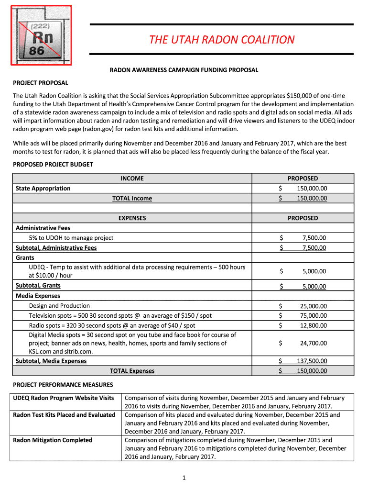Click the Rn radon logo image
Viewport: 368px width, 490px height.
point(41,35)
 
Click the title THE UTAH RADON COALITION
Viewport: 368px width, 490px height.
point(221,39)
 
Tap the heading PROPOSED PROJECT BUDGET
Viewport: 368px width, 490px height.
point(53,164)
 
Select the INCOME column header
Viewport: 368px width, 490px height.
point(132,178)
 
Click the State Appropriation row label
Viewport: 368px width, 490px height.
point(43,188)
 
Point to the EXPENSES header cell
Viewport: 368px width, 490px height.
point(132,218)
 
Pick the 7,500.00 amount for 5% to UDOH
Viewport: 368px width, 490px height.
point(314,238)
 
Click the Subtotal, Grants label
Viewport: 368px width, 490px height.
point(38,286)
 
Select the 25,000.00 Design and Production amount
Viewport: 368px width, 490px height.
point(314,306)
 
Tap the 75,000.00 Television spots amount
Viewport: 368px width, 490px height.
point(314,316)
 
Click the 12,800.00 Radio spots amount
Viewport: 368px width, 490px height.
point(314,326)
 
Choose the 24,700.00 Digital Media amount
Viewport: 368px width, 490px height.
point(314,343)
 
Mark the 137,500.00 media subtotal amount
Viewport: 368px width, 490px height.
point(312,361)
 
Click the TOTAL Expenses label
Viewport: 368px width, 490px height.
point(132,371)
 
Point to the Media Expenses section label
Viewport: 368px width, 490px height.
point(38,296)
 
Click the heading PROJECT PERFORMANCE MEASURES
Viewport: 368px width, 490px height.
point(63,385)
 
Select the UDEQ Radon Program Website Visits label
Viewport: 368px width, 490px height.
point(64,398)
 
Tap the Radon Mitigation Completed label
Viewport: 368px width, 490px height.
point(53,440)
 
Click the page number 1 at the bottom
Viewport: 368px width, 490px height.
point(184,478)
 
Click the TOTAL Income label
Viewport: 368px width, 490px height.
point(132,198)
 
